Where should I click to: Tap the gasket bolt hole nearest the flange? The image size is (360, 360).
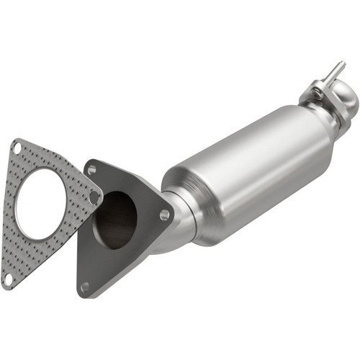click(94, 197)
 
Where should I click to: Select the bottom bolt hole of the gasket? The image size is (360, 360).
click(8, 276)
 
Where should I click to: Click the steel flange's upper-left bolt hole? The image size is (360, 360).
click(91, 170)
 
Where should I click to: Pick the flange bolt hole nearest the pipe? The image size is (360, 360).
click(165, 215)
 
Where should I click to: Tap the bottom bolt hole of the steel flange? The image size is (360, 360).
click(86, 286)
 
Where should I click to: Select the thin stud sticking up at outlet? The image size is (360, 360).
click(336, 72)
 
